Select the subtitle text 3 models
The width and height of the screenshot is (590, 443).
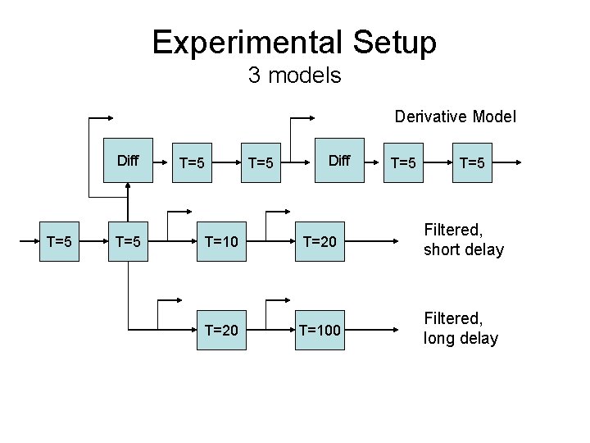click(294, 76)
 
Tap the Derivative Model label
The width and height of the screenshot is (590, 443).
click(455, 116)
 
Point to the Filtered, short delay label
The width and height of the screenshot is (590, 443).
click(463, 240)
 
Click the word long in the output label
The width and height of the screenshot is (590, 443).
click(437, 338)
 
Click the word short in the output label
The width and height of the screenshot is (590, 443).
click(441, 249)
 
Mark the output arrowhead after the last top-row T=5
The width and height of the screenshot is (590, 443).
click(516, 162)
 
